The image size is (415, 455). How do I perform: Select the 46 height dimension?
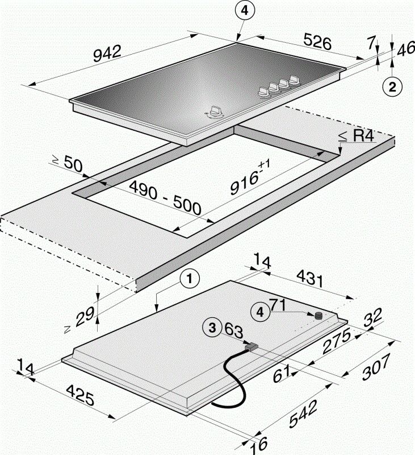point(405,49)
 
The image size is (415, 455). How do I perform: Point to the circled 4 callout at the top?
point(242,11)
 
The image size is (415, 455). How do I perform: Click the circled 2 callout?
point(392,86)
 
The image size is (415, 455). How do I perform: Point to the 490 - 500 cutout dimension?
point(165,198)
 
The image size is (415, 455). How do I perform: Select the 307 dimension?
point(377,367)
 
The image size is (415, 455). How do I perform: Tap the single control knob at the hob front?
point(215,113)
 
